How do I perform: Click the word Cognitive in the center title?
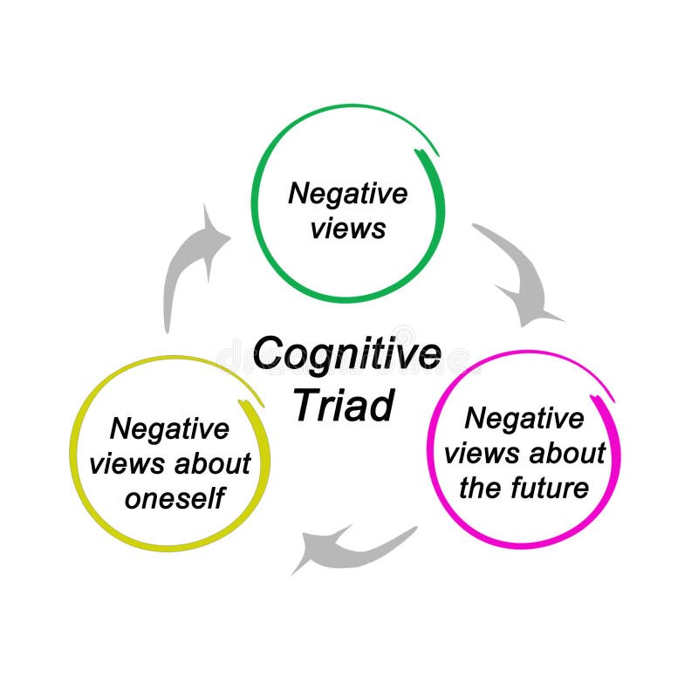point(346,355)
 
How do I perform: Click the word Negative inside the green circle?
point(347,193)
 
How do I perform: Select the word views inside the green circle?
point(349,229)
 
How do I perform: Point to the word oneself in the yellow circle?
point(174,498)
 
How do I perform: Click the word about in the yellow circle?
point(212,464)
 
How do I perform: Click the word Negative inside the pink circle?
point(523,418)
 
